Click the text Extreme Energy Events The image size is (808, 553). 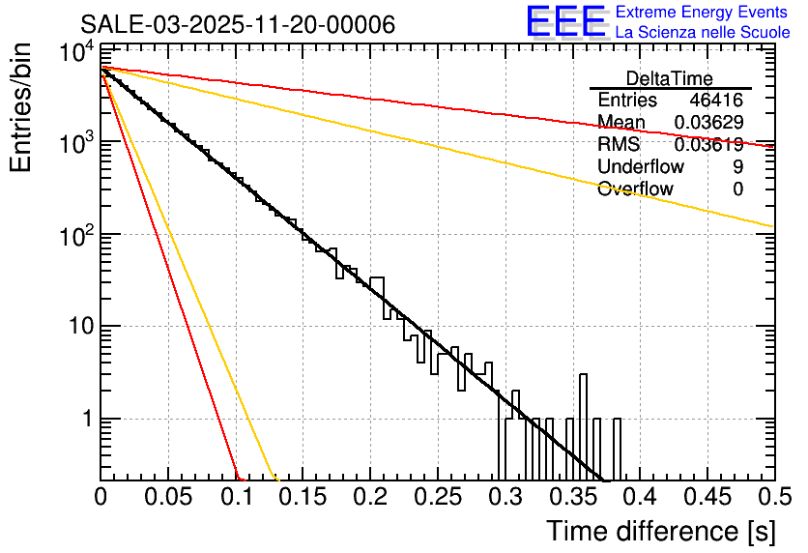[703, 13]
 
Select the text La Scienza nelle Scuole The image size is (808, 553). [703, 33]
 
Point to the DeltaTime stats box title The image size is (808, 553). [670, 78]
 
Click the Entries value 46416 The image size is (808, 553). [716, 101]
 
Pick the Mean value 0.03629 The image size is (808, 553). [708, 123]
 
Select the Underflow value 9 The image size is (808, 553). [737, 166]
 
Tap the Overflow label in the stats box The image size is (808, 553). [635, 189]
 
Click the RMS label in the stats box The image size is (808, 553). [619, 145]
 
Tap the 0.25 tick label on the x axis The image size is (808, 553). [437, 498]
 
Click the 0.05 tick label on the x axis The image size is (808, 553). [167, 498]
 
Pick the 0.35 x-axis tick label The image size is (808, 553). [572, 498]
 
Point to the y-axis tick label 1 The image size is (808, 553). [84, 420]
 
